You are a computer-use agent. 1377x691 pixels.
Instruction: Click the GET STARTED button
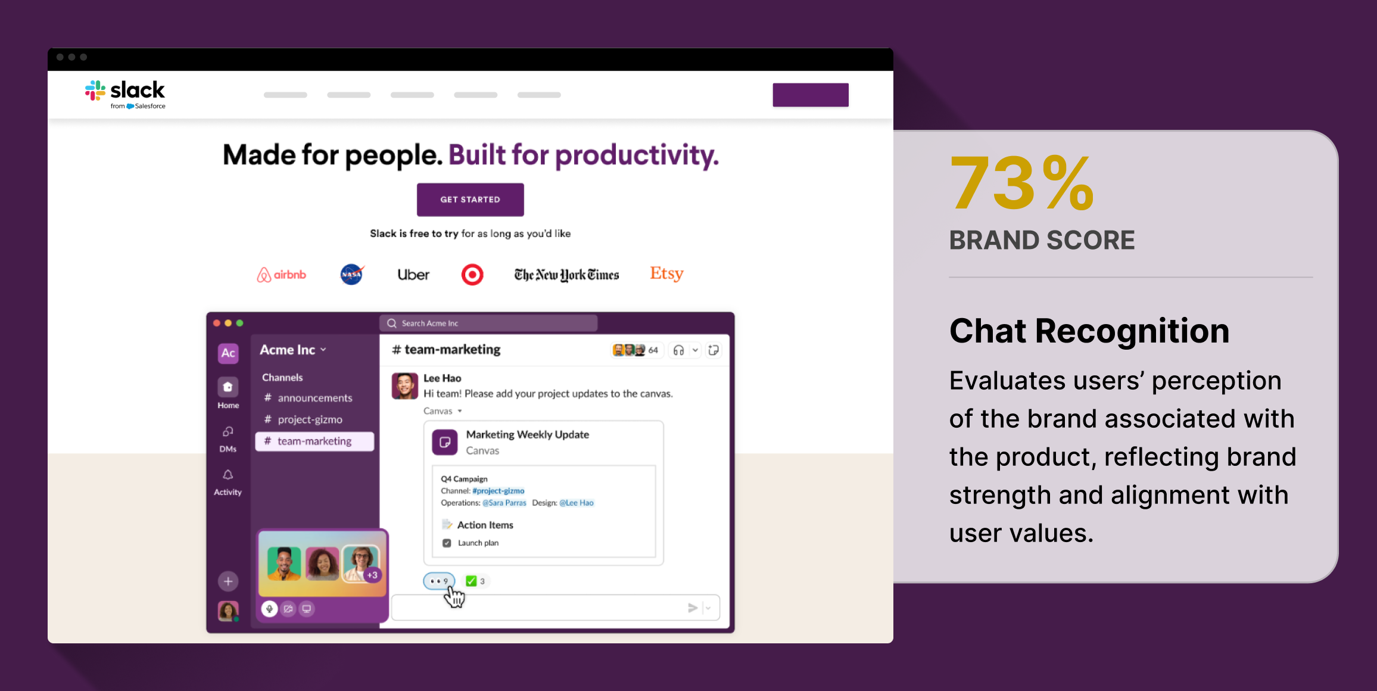tap(470, 200)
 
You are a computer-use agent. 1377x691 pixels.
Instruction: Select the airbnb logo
tap(281, 275)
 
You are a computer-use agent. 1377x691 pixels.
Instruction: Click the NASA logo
tap(352, 274)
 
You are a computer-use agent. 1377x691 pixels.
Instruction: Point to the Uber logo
tap(413, 275)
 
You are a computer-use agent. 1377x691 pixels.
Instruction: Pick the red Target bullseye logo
tap(472, 275)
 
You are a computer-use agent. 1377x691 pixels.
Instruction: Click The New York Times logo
tap(566, 275)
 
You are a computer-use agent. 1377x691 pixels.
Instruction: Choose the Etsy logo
tap(666, 273)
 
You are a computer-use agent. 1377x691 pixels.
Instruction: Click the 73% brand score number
tap(1021, 182)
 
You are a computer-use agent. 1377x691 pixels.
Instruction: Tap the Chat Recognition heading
tap(1089, 331)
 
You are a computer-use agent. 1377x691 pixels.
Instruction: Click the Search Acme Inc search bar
tap(488, 323)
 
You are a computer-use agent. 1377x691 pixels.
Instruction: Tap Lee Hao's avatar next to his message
tap(405, 386)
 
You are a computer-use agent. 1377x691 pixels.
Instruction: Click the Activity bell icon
tap(228, 475)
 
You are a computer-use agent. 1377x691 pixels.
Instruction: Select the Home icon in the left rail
tap(228, 387)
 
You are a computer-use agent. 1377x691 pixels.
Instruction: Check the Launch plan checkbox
tap(447, 543)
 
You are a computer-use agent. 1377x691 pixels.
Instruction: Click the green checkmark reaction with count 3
tap(475, 581)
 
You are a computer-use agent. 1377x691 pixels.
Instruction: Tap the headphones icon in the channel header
tap(678, 350)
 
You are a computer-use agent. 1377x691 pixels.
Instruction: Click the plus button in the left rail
tap(228, 581)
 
